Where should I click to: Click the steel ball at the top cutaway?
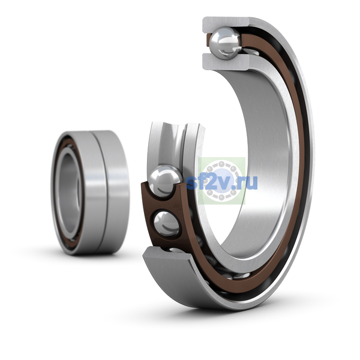[x=226, y=43]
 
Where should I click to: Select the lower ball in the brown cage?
[x=166, y=224]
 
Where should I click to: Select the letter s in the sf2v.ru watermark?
[x=191, y=183]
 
